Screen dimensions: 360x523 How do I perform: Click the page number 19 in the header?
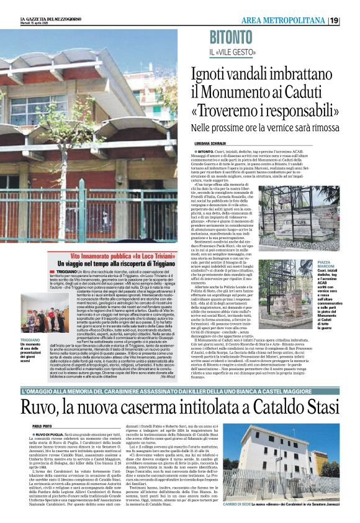point(351,20)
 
